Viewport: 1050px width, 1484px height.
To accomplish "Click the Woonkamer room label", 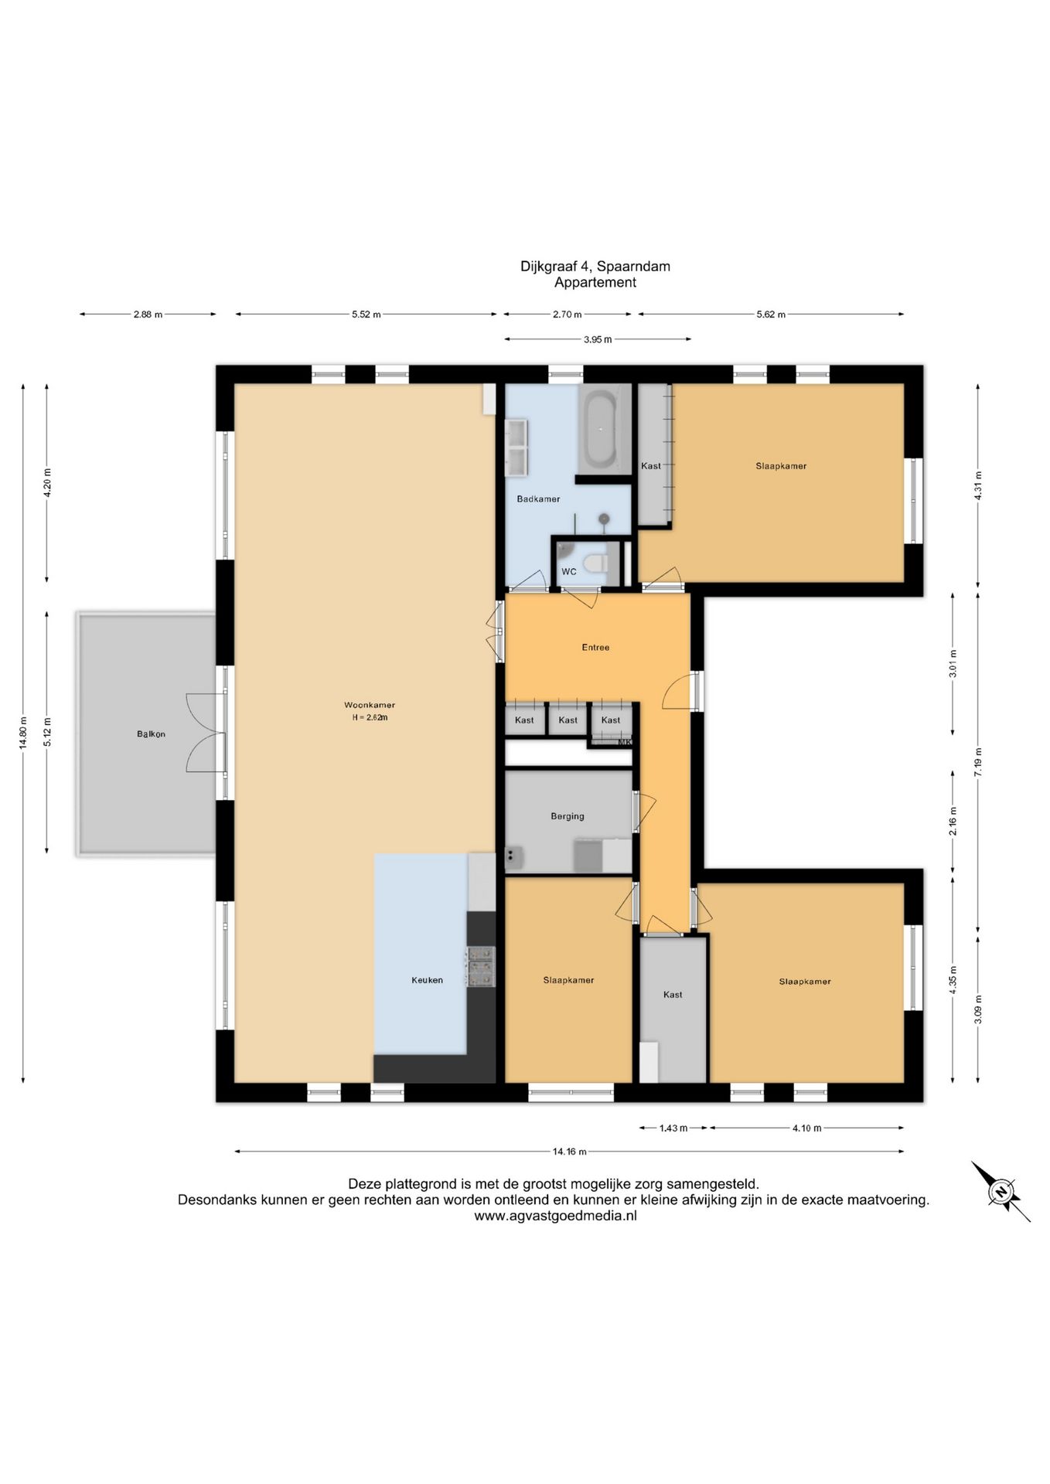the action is (370, 705).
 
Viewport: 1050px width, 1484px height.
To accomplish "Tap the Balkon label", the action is (151, 734).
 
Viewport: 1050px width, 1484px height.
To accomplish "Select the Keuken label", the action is (427, 980).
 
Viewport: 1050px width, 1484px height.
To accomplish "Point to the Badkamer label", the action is (538, 499).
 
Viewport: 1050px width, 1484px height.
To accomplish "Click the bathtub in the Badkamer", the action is (598, 430).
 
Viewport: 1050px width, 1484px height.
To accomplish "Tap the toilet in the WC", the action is (595, 563).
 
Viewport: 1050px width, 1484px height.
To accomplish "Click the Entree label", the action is (595, 648).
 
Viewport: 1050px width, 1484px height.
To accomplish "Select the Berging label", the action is (568, 816).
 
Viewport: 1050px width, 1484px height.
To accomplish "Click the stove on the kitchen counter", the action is (479, 968).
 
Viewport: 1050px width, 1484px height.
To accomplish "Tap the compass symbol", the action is (1001, 1191).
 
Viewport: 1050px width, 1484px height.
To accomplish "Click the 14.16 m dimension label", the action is (569, 1152).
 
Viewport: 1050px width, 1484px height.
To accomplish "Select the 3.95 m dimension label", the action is (598, 339).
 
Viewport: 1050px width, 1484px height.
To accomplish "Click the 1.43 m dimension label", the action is (673, 1128).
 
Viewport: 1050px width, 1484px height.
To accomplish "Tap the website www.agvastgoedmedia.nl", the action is (555, 1216).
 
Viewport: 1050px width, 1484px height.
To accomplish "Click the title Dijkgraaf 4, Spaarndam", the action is (595, 266).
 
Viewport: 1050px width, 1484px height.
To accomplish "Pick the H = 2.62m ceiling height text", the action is (370, 717).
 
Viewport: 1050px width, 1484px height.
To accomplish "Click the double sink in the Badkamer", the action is (516, 448).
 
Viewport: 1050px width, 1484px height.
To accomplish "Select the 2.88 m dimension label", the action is (148, 315).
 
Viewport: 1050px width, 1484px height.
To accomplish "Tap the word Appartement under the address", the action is (595, 282).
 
